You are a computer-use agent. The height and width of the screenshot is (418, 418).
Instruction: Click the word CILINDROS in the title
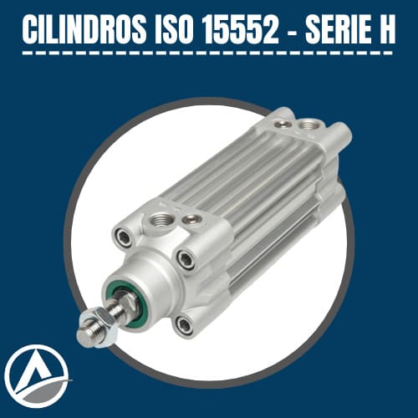(84, 29)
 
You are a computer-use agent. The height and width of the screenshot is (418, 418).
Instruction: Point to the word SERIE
(339, 29)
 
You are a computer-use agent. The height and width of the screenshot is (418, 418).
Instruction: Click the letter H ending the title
(387, 29)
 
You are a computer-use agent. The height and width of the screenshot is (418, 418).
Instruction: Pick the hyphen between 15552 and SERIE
(292, 31)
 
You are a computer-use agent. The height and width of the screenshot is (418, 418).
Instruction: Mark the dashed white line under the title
(207, 53)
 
